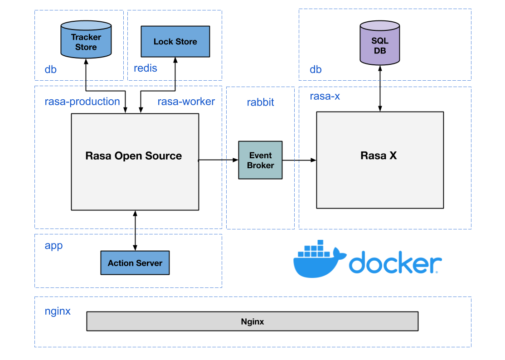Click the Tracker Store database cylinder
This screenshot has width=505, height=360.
click(86, 42)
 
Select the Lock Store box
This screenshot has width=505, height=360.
click(175, 42)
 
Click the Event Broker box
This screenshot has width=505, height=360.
click(260, 160)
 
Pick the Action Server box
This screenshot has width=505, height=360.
click(135, 263)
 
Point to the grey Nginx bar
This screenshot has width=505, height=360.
click(252, 321)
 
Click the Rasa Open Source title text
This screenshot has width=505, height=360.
click(134, 156)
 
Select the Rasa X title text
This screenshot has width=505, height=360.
click(379, 156)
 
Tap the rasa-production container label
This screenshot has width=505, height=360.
click(82, 102)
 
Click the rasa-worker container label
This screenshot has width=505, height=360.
click(186, 102)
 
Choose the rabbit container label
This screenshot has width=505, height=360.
click(260, 102)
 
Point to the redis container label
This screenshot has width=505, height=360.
click(146, 68)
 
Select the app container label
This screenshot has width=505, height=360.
click(53, 246)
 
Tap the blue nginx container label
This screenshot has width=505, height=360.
click(58, 311)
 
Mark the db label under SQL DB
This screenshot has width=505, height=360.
click(316, 69)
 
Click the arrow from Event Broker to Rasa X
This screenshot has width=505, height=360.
click(299, 160)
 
